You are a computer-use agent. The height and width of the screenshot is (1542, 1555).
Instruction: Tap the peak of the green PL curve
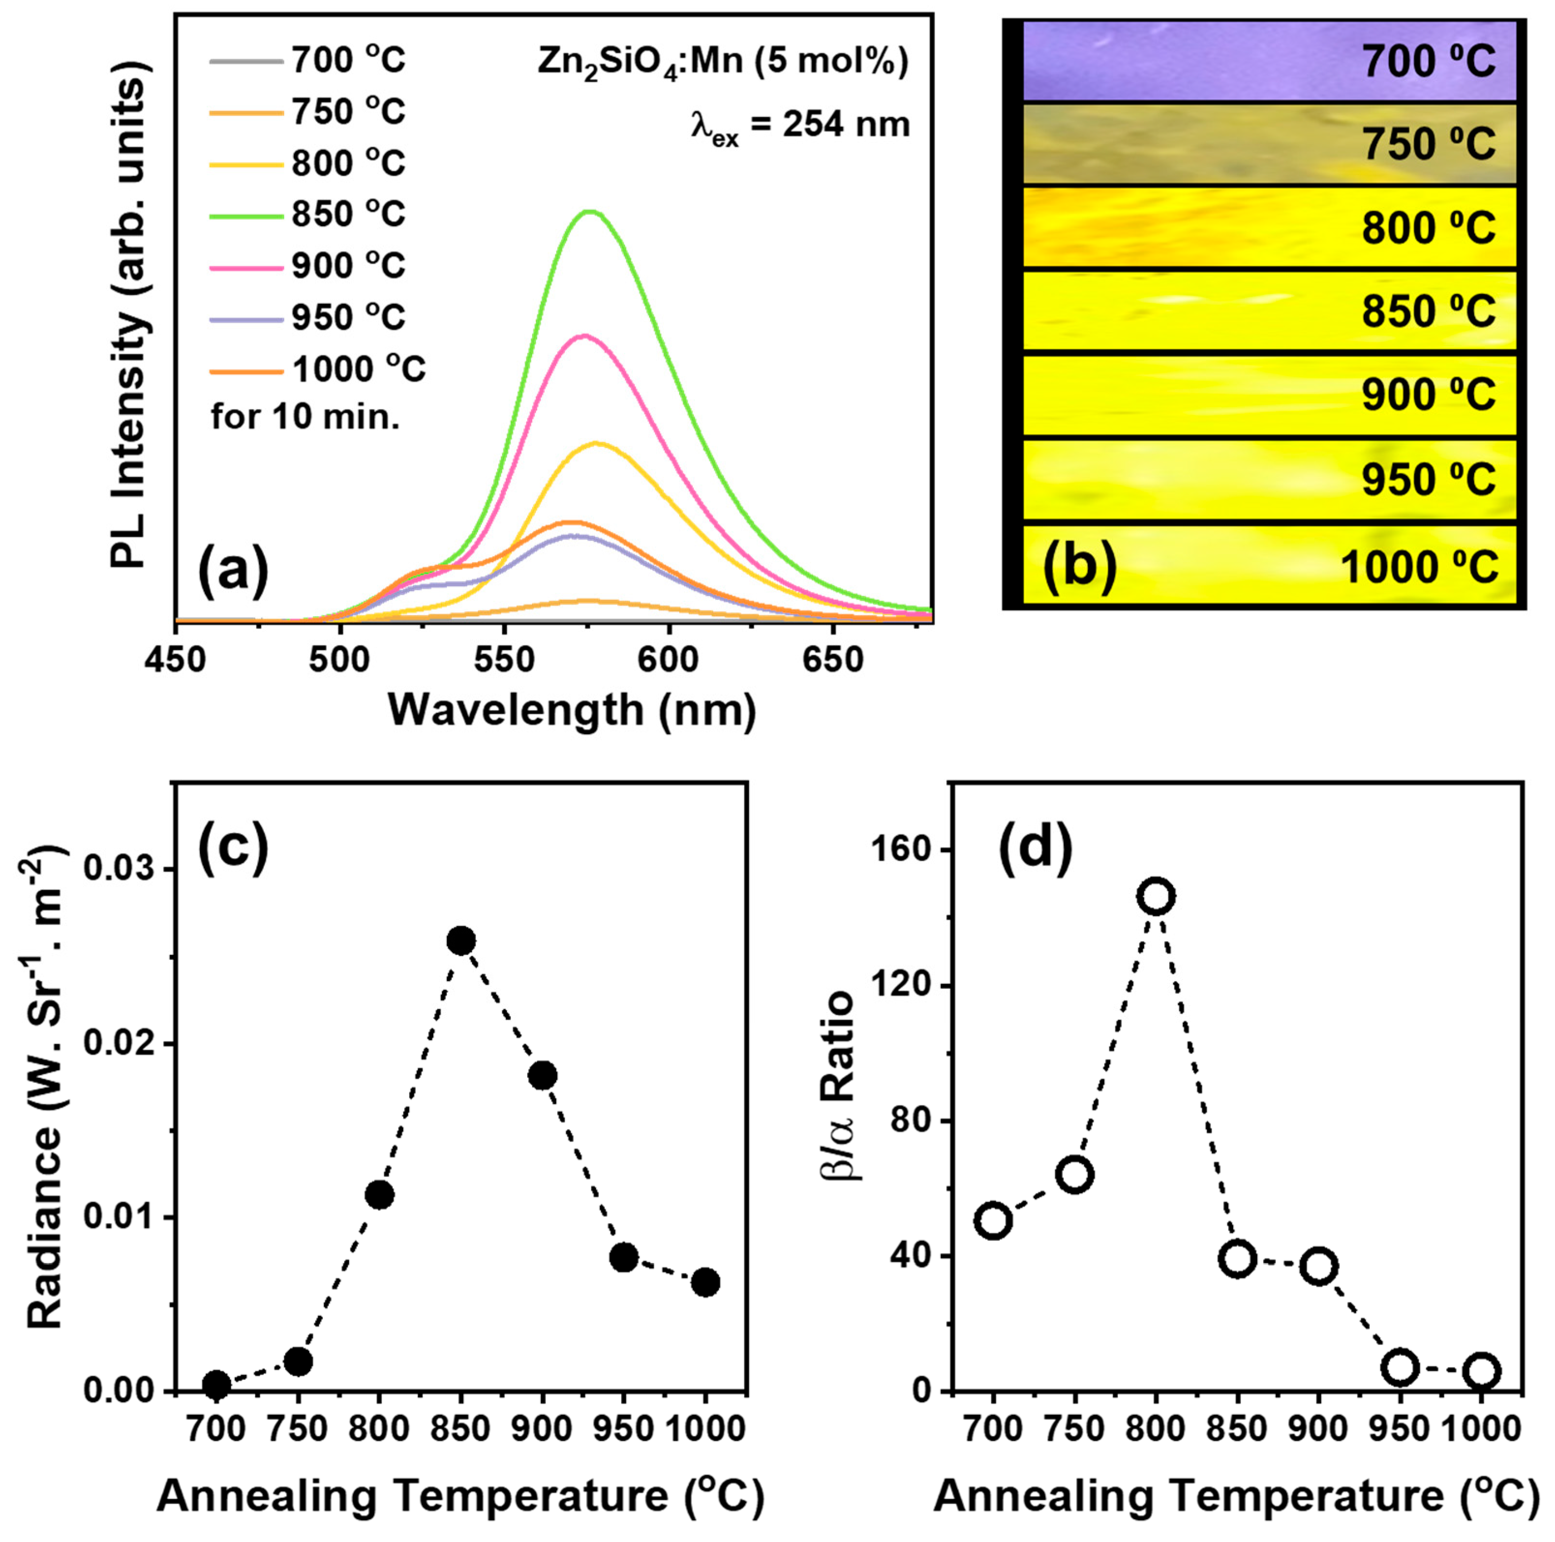tap(592, 212)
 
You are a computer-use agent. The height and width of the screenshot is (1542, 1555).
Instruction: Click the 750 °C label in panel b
tap(1429, 145)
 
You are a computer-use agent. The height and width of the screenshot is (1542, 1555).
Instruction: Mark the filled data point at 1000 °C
tap(705, 1282)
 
